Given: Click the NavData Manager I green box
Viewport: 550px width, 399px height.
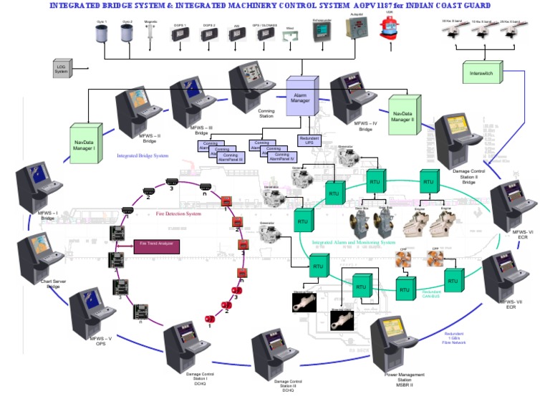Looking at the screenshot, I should (83, 144).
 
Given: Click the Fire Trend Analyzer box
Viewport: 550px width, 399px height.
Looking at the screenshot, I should (157, 246).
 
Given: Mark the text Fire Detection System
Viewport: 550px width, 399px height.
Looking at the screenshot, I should (178, 213).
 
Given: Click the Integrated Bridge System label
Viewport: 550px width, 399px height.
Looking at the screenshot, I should (143, 155).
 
